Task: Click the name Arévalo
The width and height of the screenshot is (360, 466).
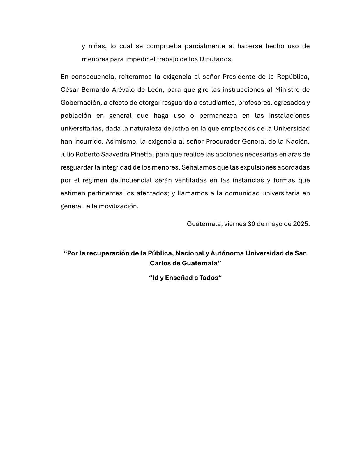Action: point(123,89)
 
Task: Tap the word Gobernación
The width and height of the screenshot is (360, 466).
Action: point(81,103)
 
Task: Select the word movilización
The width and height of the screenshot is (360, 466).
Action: point(119,206)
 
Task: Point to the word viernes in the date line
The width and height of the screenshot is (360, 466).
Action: point(235,224)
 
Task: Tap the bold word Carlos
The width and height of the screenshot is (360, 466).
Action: point(161,263)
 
